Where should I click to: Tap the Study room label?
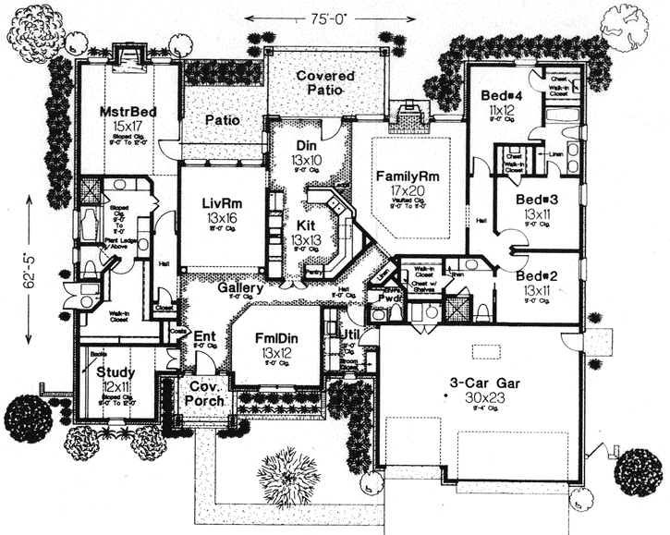tap(116, 371)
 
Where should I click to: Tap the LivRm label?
tap(222, 203)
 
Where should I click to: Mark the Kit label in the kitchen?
tap(305, 225)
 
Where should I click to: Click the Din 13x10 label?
tap(307, 146)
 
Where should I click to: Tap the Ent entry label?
tap(204, 336)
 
